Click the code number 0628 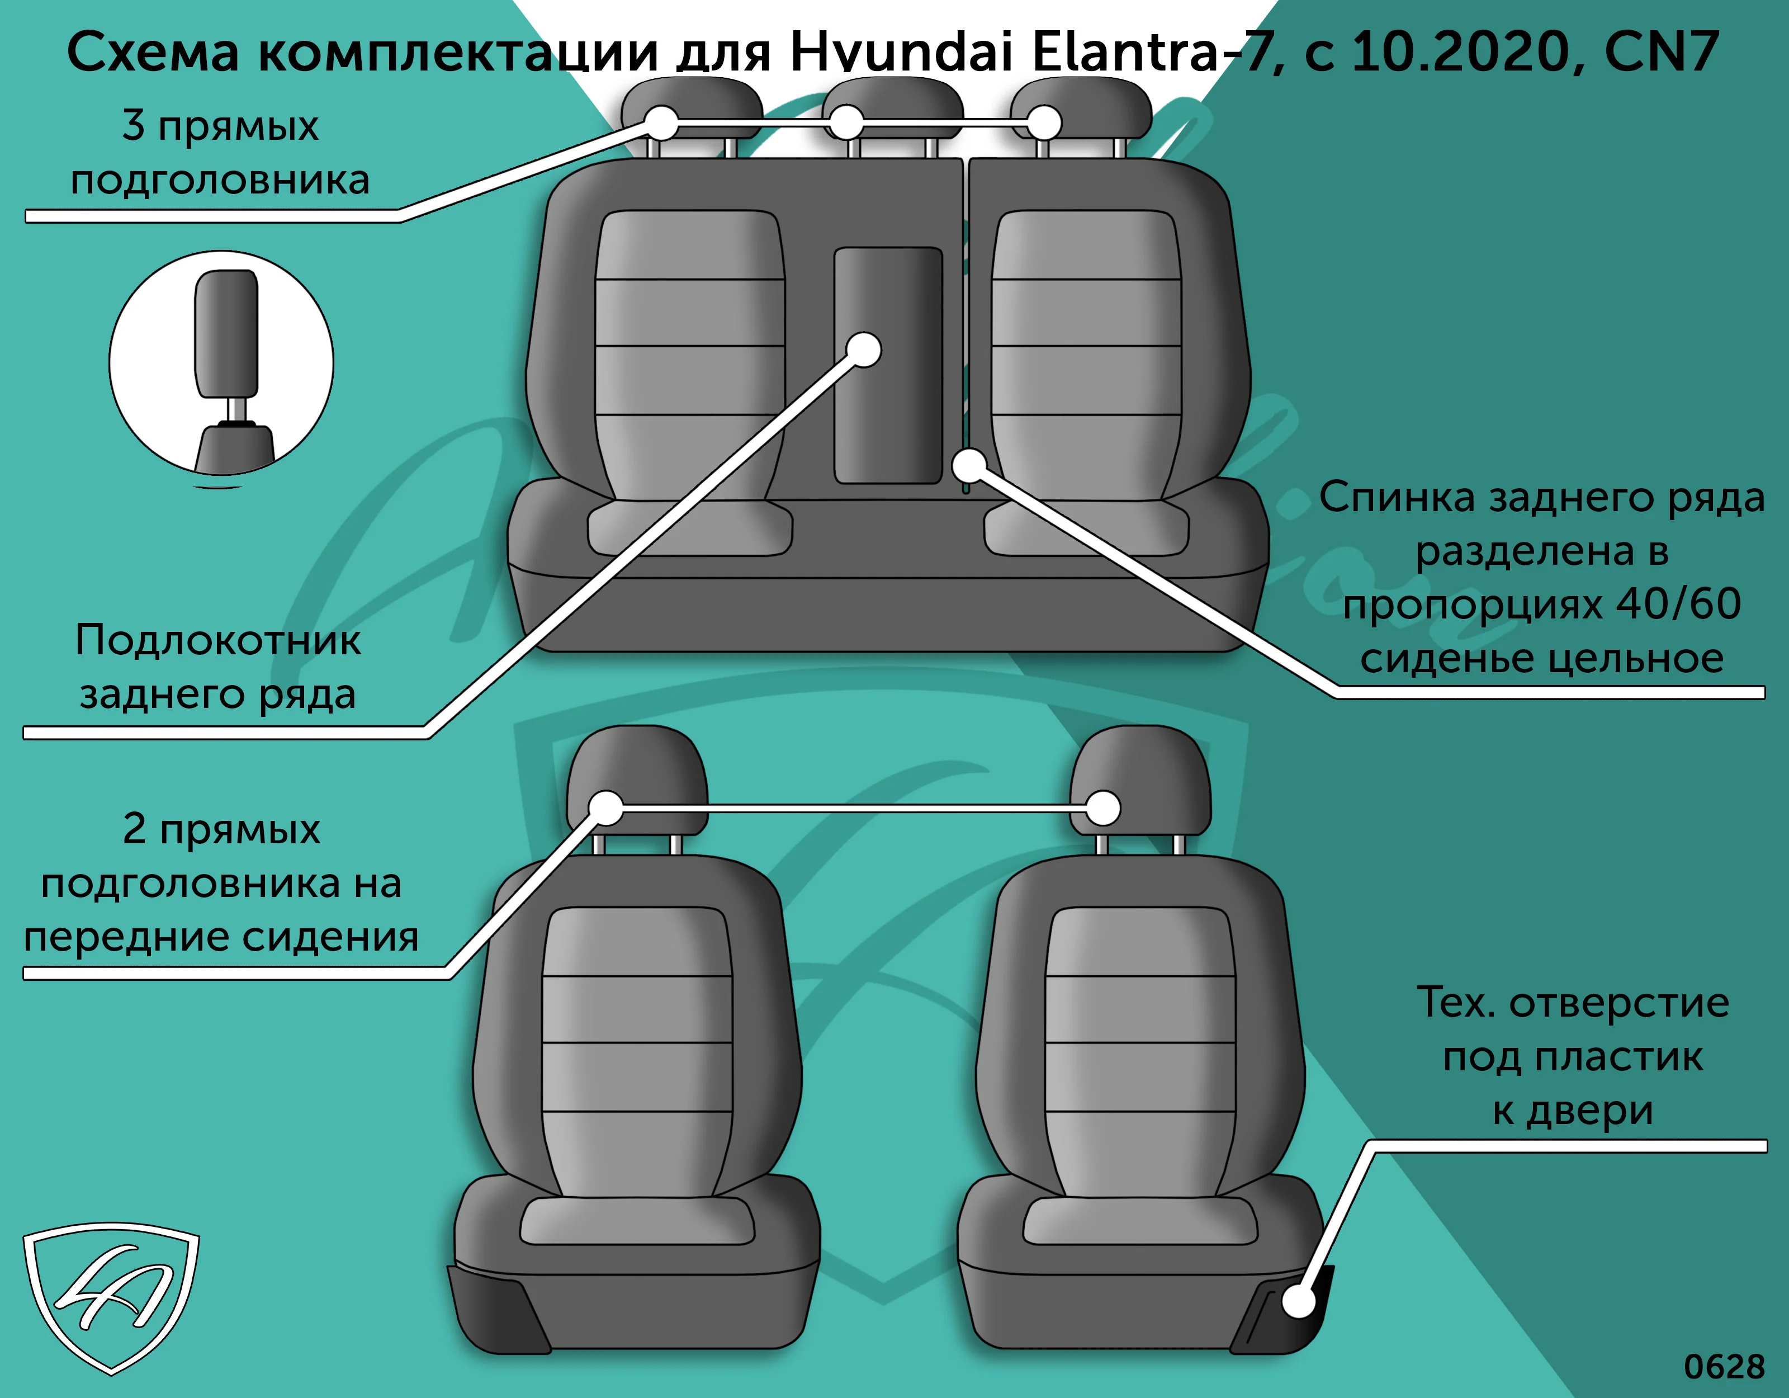[x=1724, y=1367]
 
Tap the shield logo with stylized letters [x=111, y=1297]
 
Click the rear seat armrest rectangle [x=888, y=366]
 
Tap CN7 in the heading [x=1660, y=51]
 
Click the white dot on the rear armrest [x=863, y=350]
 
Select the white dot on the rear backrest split [x=970, y=466]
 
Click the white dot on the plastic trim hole [x=1298, y=1301]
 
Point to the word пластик [x=1618, y=1057]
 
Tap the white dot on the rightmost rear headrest [x=1044, y=124]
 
